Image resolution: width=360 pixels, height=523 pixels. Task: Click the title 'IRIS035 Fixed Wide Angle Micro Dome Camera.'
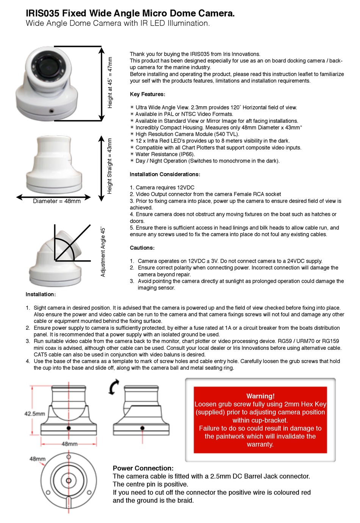pyautogui.click(x=130, y=13)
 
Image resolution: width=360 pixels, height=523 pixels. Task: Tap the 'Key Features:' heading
pyautogui.click(x=147, y=94)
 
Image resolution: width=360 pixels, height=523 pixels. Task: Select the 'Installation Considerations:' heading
pyautogui.click(x=165, y=174)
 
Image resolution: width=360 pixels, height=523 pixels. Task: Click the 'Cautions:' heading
pyautogui.click(x=142, y=248)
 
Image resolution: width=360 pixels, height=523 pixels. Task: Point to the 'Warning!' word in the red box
pyautogui.click(x=260, y=396)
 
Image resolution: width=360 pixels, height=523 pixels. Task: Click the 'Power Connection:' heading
pyautogui.click(x=143, y=468)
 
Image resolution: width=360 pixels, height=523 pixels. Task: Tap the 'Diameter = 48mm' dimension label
pyautogui.click(x=56, y=201)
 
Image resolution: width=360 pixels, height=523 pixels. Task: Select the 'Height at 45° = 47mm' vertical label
pyautogui.click(x=110, y=82)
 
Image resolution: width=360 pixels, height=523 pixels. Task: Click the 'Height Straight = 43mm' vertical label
pyautogui.click(x=110, y=166)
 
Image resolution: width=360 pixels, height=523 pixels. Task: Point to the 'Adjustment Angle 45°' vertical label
pyautogui.click(x=103, y=252)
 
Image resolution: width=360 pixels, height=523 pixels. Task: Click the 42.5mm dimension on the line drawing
pyautogui.click(x=34, y=413)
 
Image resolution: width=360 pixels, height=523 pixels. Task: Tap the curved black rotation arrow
pyautogui.click(x=113, y=387)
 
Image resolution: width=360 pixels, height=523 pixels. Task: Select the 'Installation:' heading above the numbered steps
pyautogui.click(x=41, y=294)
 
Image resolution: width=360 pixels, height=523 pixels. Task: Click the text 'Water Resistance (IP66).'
pyautogui.click(x=165, y=154)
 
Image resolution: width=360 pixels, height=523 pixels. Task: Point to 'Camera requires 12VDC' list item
pyautogui.click(x=165, y=188)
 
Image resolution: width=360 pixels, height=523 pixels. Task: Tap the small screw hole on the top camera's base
pyautogui.click(x=51, y=111)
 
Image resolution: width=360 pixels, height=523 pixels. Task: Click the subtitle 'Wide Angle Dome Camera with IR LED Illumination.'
pyautogui.click(x=117, y=23)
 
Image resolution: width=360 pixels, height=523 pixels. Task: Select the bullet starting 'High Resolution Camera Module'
pyautogui.click(x=187, y=134)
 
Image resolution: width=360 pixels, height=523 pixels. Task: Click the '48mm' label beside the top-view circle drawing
pyautogui.click(x=37, y=459)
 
